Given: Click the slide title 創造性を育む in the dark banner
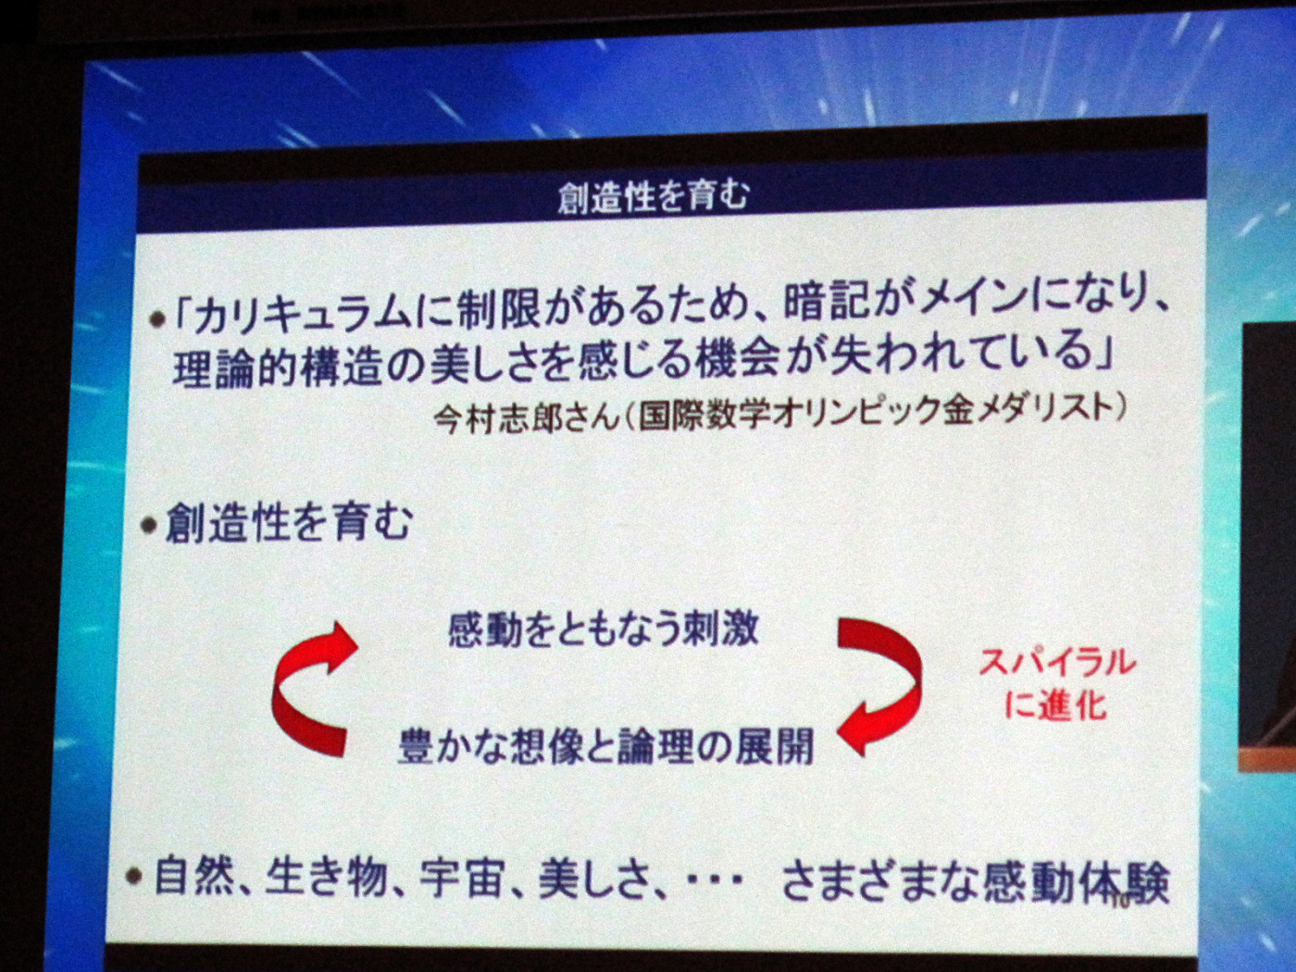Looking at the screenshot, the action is click(653, 195).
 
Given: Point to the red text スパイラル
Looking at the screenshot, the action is click(1057, 664).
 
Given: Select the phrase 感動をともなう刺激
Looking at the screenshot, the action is click(603, 630).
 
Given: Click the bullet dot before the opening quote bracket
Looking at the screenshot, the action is click(157, 321).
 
